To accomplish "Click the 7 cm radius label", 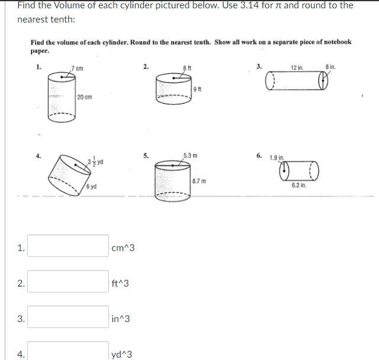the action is coord(78,68).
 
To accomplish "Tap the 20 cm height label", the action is coord(85,97).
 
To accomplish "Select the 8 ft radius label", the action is coord(187,68).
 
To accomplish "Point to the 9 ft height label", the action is coord(197,89).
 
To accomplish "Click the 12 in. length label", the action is coord(297,67).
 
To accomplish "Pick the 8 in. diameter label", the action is coord(330,67).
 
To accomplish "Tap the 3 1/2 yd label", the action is coord(95,161).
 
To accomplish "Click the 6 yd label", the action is coord(91,187).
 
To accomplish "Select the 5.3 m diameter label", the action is coord(190,155).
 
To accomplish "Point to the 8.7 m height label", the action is coord(199,181).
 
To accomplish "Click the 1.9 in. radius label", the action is coord(277,157).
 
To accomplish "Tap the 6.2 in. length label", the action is coord(299,185).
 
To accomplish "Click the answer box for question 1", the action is coord(68,246).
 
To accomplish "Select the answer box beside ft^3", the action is coord(68,281).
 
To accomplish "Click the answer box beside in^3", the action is coord(68,317).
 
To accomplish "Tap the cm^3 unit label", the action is coord(123,248).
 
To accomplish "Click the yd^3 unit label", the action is coord(122,355).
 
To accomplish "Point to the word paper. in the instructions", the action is coord(40,52).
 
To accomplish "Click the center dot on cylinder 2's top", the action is coord(174,78).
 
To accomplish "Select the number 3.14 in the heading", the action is coord(250,5).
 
